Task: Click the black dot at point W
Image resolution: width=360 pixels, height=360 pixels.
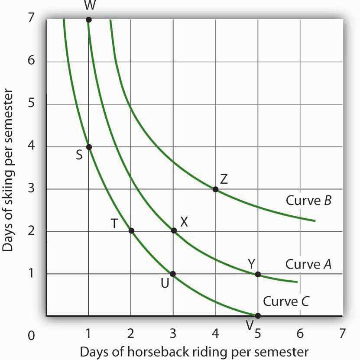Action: coord(89,19)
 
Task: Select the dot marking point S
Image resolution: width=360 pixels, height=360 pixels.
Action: coord(89,147)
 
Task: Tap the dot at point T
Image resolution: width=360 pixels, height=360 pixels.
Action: coord(131,230)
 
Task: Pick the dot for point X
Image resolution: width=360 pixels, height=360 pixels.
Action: coord(174,230)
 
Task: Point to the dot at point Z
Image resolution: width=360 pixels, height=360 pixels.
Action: coord(216,189)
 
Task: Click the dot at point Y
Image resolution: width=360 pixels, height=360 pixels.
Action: coord(258,274)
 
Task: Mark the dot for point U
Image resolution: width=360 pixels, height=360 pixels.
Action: coord(173,274)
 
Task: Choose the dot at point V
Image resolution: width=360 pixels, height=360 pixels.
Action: coord(258,316)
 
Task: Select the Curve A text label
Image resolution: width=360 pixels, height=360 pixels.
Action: coord(308,264)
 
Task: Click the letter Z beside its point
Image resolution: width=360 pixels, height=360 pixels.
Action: coord(224,178)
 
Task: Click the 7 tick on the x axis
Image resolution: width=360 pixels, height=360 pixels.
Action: coord(342,334)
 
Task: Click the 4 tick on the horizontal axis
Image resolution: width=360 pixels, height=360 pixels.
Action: coord(215,334)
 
